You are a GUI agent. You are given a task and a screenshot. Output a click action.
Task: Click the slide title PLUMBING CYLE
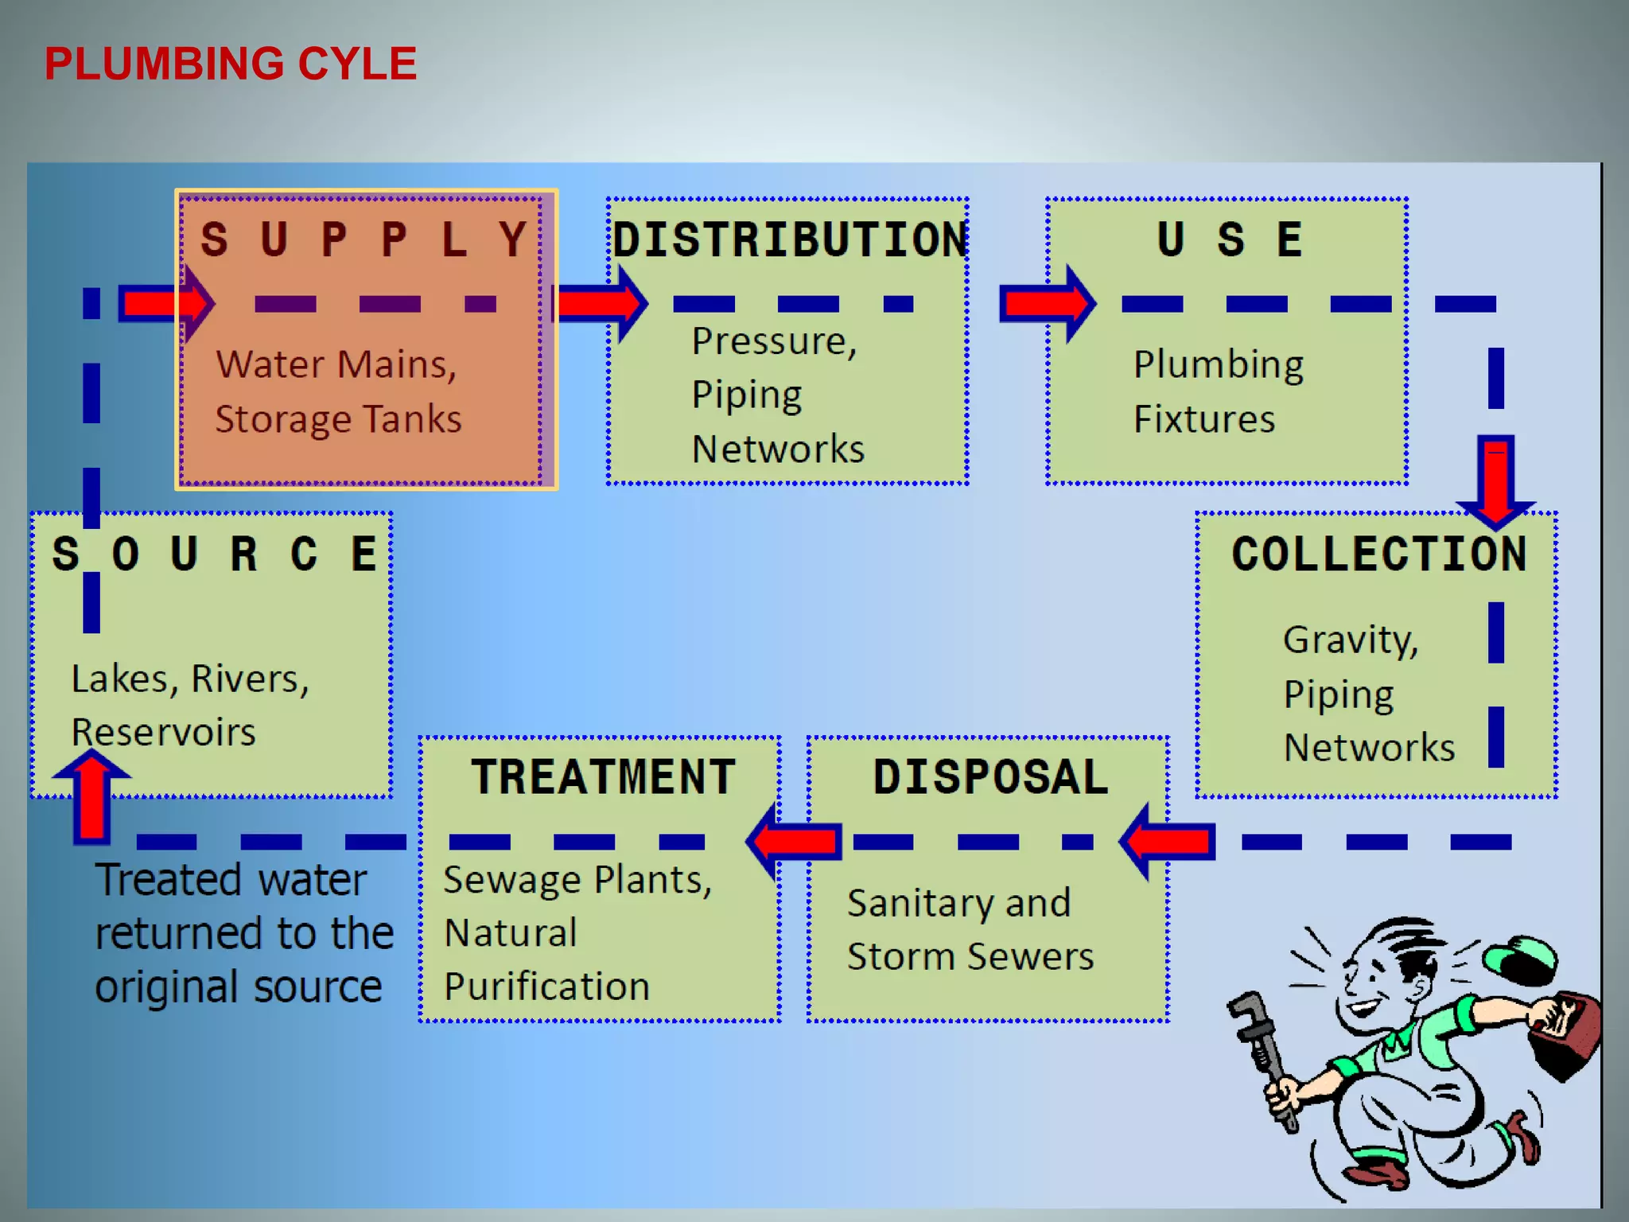click(231, 64)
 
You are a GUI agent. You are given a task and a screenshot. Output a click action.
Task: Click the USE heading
click(1230, 239)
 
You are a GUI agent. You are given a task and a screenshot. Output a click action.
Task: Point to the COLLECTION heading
click(1379, 554)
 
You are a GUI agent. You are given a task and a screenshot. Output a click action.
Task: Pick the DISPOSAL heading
click(990, 776)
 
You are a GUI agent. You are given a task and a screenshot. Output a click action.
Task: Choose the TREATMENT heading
click(604, 776)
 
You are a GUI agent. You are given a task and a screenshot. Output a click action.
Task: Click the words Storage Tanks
click(338, 419)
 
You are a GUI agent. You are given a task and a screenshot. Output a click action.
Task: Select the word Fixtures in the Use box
click(1203, 419)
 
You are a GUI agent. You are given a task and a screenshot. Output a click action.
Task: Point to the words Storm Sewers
click(970, 956)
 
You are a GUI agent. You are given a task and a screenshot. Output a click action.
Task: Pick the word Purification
click(546, 987)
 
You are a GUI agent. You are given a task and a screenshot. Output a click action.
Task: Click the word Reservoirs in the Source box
click(163, 732)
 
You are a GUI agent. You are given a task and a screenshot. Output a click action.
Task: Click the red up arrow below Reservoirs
click(91, 796)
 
